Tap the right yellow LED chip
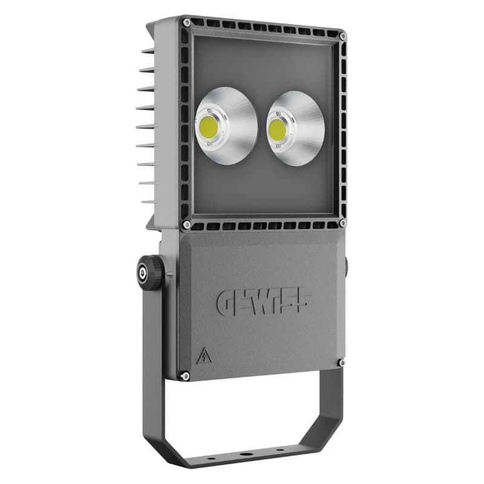(x=278, y=129)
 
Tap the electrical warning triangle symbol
(x=202, y=356)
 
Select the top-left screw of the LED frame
(x=187, y=22)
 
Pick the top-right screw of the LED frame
(x=342, y=37)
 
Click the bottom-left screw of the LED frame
(x=187, y=224)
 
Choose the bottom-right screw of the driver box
(x=341, y=363)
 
